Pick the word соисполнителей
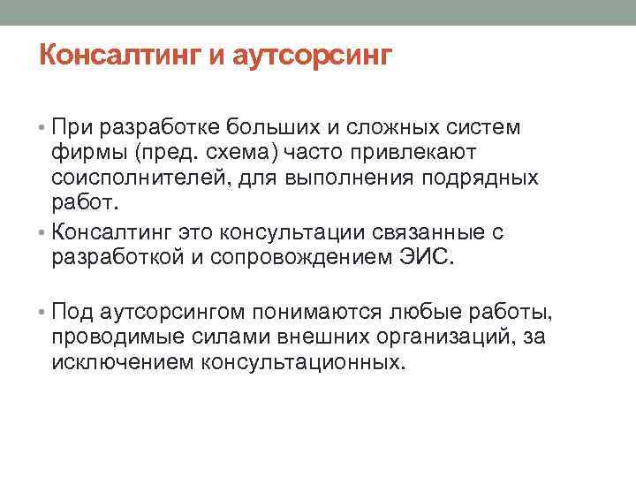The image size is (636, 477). pyautogui.click(x=140, y=178)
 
